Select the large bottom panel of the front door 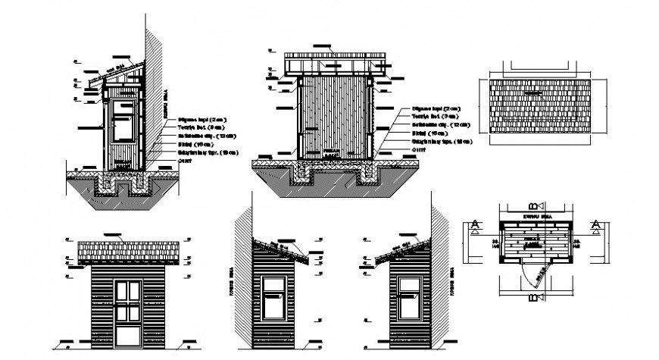[x=126, y=326]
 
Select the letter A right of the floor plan [x=596, y=224]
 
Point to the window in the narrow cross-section [x=122, y=121]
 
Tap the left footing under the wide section [x=305, y=176]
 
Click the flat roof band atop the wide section [x=333, y=63]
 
